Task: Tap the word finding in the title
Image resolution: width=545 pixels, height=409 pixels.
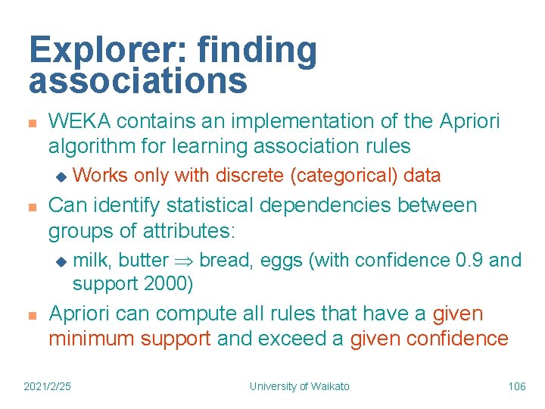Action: pos(257,51)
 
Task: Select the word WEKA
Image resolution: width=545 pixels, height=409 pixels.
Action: pos(79,121)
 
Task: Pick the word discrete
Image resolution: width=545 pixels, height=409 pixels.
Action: pos(250,176)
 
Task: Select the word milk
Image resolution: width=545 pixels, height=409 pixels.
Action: pos(92,261)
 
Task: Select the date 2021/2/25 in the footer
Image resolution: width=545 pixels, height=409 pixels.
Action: pos(48,386)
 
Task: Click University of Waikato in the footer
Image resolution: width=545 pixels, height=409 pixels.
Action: pos(300,386)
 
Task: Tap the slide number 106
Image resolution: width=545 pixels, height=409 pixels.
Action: pos(517,386)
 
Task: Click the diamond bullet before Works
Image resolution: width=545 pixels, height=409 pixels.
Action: pos(62,176)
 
